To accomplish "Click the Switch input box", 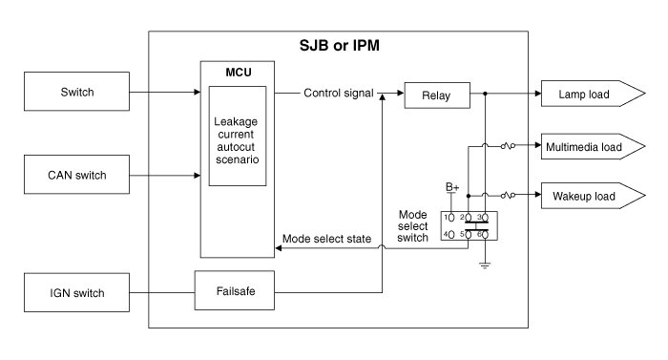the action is [76, 92].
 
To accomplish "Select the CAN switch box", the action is [76, 175].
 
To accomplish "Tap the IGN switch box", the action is [76, 292].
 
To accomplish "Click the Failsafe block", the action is [235, 290].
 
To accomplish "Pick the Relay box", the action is [437, 95].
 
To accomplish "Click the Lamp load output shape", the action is [593, 94].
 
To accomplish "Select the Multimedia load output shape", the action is [593, 146].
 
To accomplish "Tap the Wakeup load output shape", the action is [593, 196].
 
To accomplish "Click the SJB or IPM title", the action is [339, 46].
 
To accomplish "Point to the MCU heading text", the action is [239, 73].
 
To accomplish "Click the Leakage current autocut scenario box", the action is [238, 136].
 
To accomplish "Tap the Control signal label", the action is [338, 93].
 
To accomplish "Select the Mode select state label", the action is [326, 239].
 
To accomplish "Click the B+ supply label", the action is [452, 187].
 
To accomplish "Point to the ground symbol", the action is [485, 265].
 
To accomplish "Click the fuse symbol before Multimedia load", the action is [508, 146].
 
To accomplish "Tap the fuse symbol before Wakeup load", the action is [508, 196].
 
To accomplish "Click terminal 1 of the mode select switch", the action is [451, 218].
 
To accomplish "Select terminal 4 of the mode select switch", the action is [451, 234].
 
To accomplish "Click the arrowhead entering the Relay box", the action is [401, 93].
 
